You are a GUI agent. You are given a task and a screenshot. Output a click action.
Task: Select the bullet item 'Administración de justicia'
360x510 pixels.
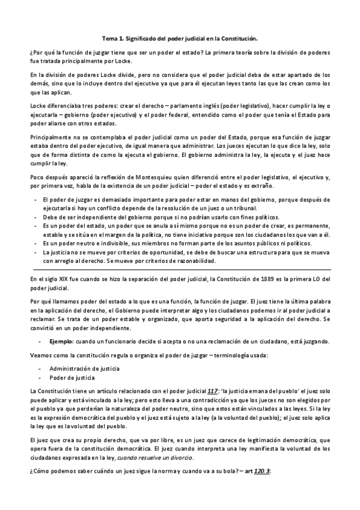pyautogui.click(x=84, y=367)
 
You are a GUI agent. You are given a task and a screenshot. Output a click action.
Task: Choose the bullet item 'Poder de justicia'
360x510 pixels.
pyautogui.click(x=72, y=377)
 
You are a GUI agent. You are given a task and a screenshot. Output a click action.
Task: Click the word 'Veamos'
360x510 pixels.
pyautogui.click(x=40, y=354)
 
